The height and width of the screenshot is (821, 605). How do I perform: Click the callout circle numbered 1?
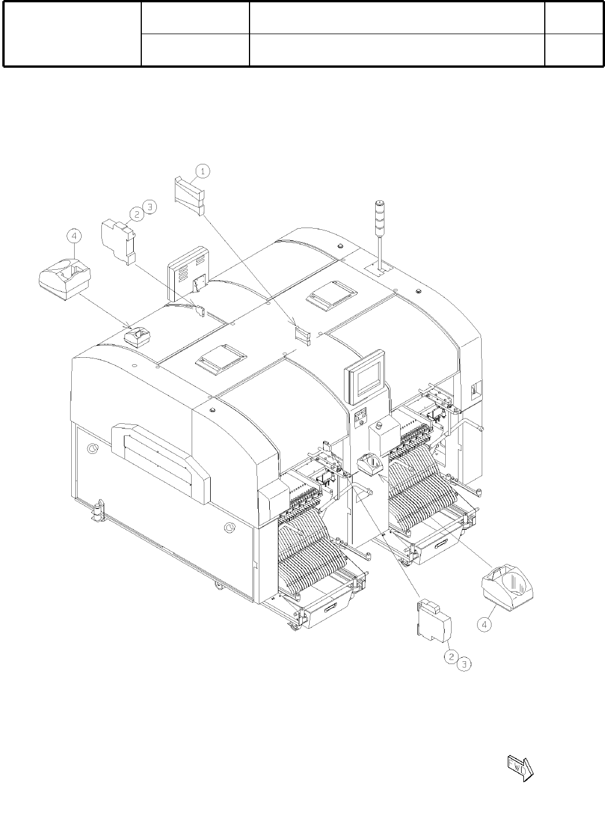click(x=203, y=171)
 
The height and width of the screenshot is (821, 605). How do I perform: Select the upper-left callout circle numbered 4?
click(x=74, y=236)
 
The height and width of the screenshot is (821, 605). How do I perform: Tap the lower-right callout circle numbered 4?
click(x=485, y=624)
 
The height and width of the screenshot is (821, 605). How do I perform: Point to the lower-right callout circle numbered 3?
click(x=464, y=664)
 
